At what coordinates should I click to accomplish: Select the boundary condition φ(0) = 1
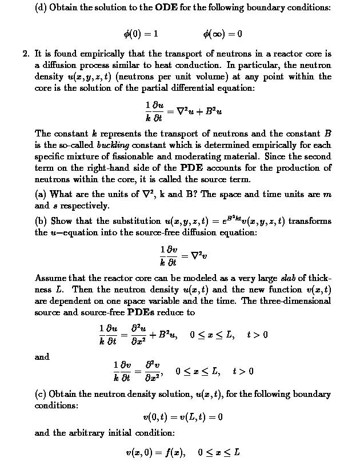(141, 34)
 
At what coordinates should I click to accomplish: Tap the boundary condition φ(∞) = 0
(222, 34)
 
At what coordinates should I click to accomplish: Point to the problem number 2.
(25, 54)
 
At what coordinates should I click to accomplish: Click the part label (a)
(42, 194)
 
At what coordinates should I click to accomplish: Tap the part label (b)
(42, 221)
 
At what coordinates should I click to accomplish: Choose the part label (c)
(42, 395)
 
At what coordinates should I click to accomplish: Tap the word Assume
(50, 278)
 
